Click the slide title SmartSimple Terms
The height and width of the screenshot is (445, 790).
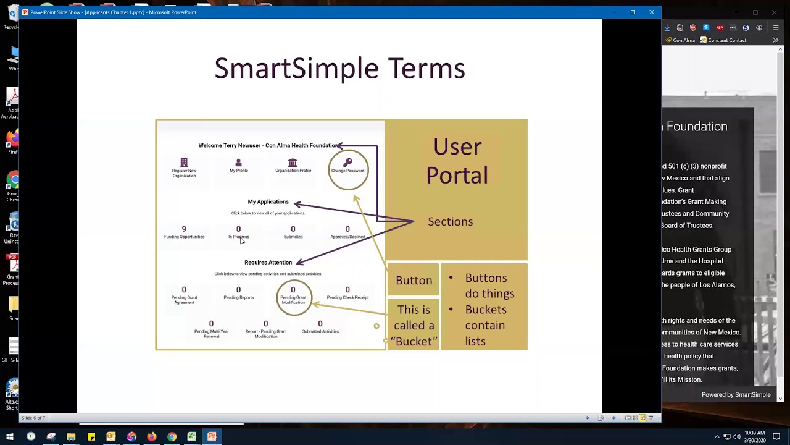coord(339,68)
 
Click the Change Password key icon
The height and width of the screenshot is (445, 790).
coord(347,162)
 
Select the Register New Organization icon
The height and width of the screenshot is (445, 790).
coord(184,163)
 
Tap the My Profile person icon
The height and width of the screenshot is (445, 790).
coord(238,163)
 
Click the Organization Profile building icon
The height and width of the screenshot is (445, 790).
coord(293,163)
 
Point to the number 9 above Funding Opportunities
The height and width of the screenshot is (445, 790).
coord(184,229)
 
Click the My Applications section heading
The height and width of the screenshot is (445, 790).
coord(268,201)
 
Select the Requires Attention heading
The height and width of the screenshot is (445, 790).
coord(268,262)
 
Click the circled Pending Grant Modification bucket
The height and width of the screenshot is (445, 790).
coord(293,297)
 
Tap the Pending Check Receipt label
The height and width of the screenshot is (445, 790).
coord(347,297)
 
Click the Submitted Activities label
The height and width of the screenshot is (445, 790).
coord(320,331)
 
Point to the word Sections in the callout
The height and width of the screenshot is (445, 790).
coord(450,222)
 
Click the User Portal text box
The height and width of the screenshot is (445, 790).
coord(457,161)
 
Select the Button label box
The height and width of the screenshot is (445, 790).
coord(414,280)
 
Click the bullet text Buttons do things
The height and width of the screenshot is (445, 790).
coord(489,286)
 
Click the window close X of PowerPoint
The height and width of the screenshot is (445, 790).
coord(651,12)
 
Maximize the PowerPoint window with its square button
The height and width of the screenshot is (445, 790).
coord(633,12)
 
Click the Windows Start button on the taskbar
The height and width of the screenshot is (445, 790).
coord(10,437)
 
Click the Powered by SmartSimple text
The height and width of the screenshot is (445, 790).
coord(736,394)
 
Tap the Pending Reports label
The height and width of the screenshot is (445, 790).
coord(238,297)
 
